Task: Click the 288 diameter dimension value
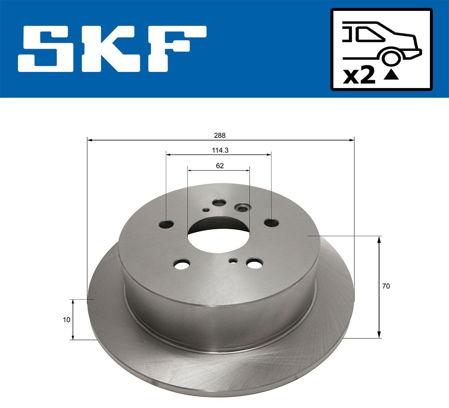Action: pyautogui.click(x=220, y=135)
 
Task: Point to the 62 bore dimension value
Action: pyautogui.click(x=220, y=166)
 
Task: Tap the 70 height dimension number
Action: pyautogui.click(x=386, y=286)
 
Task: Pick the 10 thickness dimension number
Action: pyautogui.click(x=67, y=320)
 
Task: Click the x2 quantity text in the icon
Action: pyautogui.click(x=359, y=76)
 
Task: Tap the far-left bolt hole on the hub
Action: pyautogui.click(x=167, y=225)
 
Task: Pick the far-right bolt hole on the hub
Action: pyautogui.click(x=270, y=223)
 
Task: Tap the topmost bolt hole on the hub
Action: pyautogui.click(x=218, y=203)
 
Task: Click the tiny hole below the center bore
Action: pyautogui.click(x=233, y=261)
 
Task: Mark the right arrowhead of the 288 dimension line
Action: pyautogui.click(x=352, y=140)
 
